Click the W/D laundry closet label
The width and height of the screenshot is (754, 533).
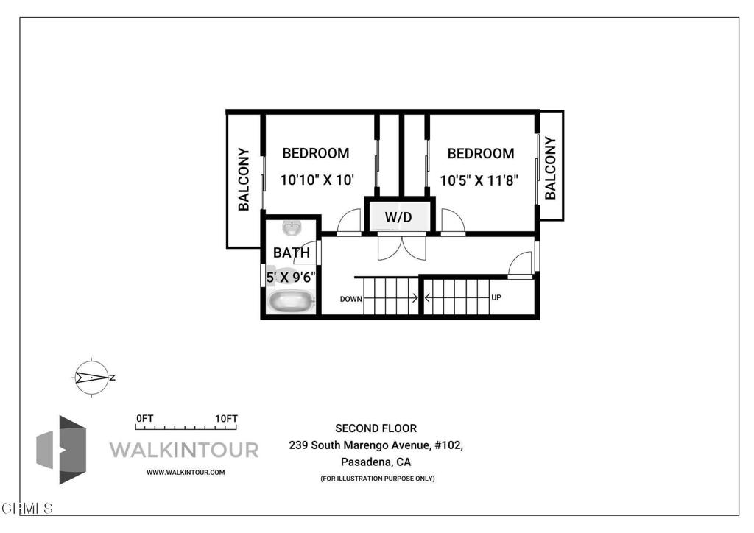pyautogui.click(x=398, y=217)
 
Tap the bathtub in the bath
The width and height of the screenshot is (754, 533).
pyautogui.click(x=291, y=302)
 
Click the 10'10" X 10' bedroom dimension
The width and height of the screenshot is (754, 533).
pyautogui.click(x=317, y=180)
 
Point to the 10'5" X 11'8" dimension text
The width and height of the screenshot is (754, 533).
pyautogui.click(x=479, y=180)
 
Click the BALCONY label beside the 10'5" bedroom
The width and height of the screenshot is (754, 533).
pyautogui.click(x=551, y=168)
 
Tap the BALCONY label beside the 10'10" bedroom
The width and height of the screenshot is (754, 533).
pyautogui.click(x=244, y=179)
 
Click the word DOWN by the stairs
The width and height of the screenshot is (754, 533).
pyautogui.click(x=351, y=299)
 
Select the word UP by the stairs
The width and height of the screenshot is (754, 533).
pyautogui.click(x=496, y=297)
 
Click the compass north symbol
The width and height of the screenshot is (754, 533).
pyautogui.click(x=92, y=378)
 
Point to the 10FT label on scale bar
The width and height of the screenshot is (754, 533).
pyautogui.click(x=226, y=419)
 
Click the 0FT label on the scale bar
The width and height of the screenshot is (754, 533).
pyautogui.click(x=145, y=419)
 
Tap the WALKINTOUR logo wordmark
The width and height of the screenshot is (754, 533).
pyautogui.click(x=184, y=451)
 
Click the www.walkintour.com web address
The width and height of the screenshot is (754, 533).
pyautogui.click(x=186, y=473)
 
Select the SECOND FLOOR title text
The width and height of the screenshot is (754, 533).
pyautogui.click(x=376, y=428)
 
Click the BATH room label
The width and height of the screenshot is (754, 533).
pyautogui.click(x=292, y=253)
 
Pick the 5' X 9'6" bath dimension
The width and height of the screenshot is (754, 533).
pyautogui.click(x=291, y=278)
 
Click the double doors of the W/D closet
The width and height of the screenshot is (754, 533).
pyautogui.click(x=401, y=247)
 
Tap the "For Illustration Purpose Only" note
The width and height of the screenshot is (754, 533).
pyautogui.click(x=378, y=479)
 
